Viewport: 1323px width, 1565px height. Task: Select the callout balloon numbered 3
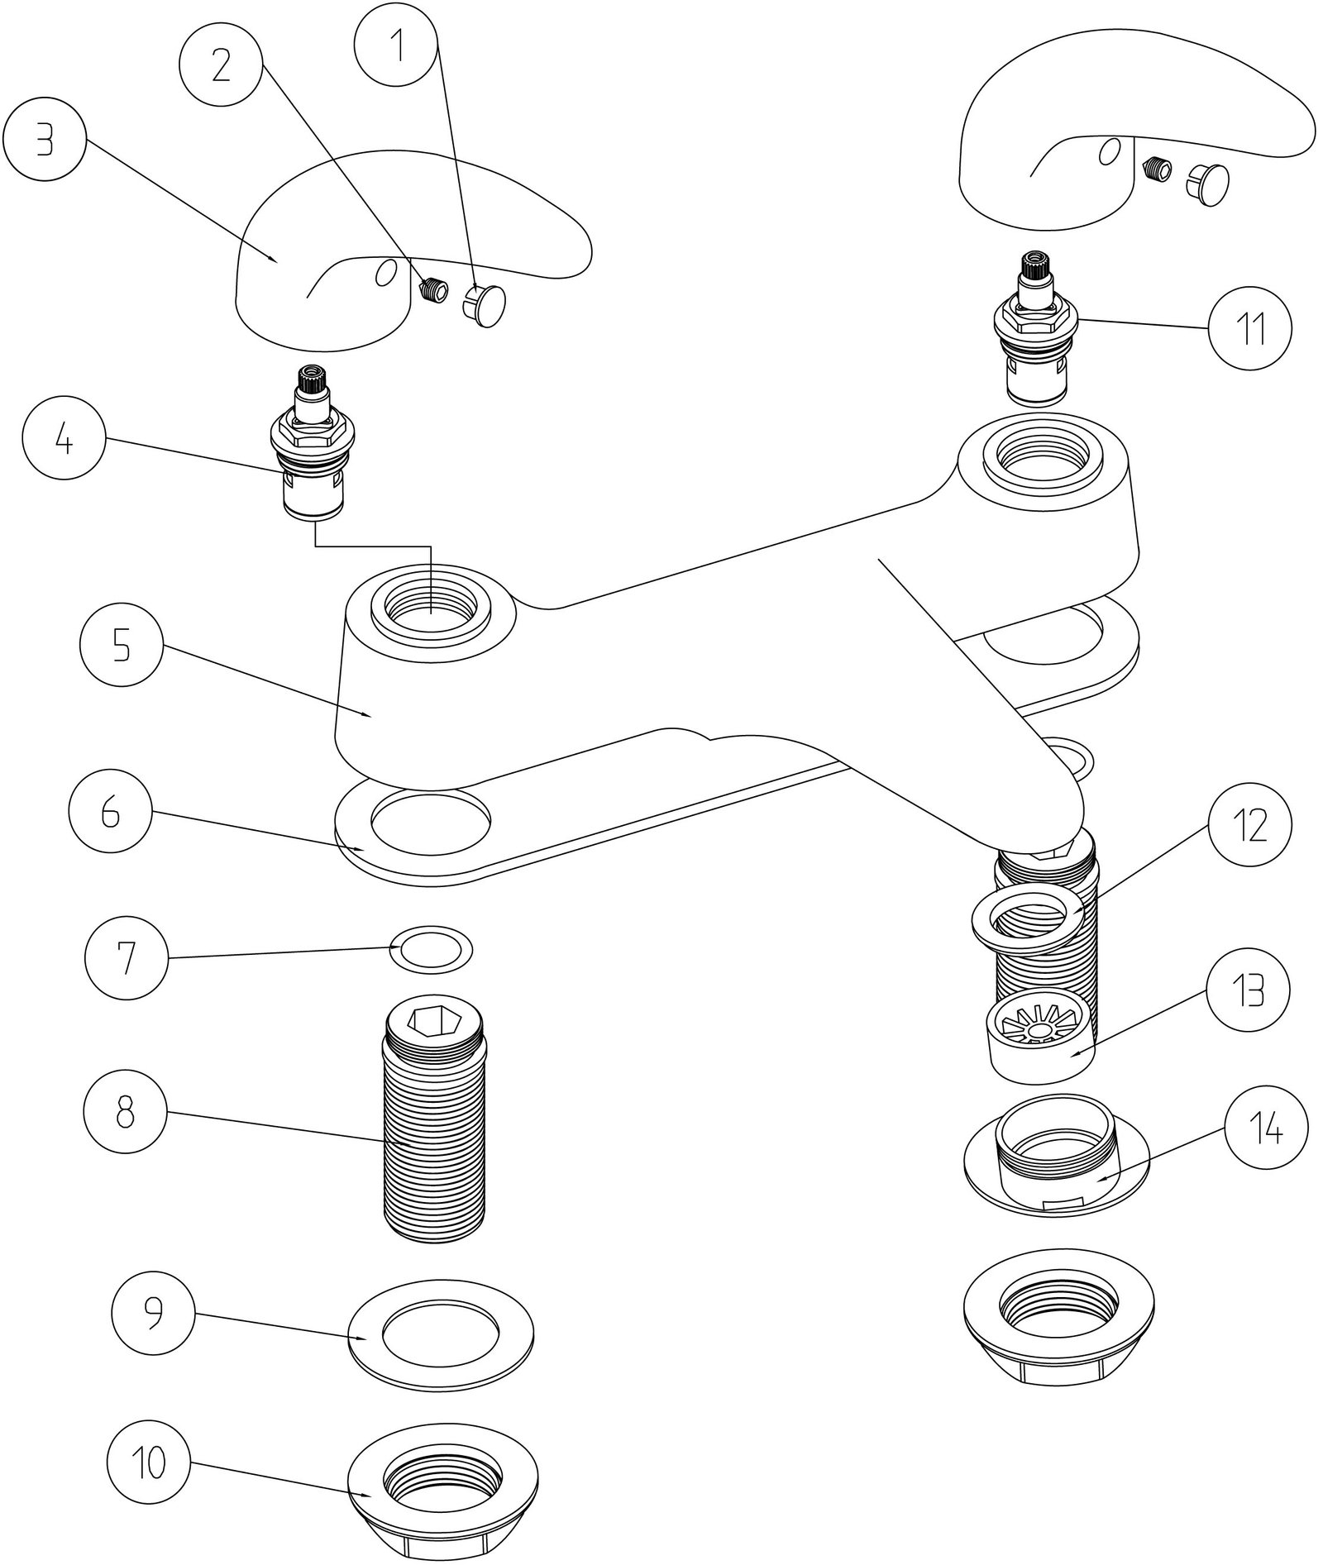(x=45, y=142)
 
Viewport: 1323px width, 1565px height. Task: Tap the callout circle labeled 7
(x=126, y=959)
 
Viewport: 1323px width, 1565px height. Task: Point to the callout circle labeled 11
(x=1249, y=329)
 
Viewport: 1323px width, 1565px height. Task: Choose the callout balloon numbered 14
(x=1266, y=1128)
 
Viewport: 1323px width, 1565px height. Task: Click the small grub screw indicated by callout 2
(x=432, y=290)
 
